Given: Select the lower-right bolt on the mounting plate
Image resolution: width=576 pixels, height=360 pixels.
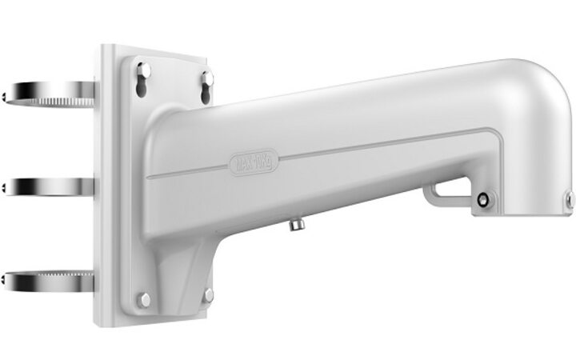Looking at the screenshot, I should coord(208,295).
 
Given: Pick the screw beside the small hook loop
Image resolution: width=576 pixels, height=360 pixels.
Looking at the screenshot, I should coord(482,199).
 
